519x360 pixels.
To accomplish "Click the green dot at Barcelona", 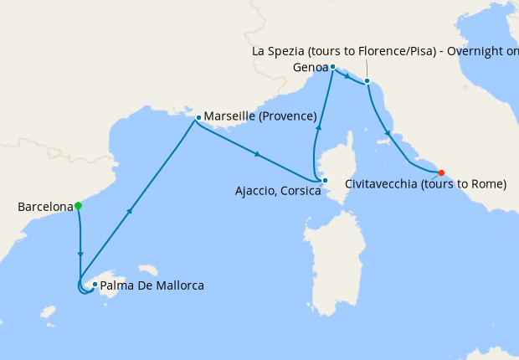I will point(78,205).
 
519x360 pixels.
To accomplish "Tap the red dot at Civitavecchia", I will point(441,173).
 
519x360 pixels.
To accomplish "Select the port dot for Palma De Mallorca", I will point(95,285).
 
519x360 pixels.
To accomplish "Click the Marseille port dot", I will point(198,117).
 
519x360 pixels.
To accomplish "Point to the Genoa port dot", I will point(332,67).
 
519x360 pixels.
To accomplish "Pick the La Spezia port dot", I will point(367,81).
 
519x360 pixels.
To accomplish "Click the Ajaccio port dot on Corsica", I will point(325,180).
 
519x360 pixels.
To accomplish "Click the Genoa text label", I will point(310,66).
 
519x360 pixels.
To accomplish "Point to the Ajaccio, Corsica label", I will point(278,191).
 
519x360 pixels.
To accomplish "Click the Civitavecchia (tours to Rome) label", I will point(425,184).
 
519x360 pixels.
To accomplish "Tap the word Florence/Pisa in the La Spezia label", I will point(402,51).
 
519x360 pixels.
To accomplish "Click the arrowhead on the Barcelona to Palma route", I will point(80,253).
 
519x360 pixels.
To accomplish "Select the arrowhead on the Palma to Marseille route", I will point(130,211).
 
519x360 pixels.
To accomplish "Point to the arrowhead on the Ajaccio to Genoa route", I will point(318,126).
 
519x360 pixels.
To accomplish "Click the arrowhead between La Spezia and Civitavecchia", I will point(386,131).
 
